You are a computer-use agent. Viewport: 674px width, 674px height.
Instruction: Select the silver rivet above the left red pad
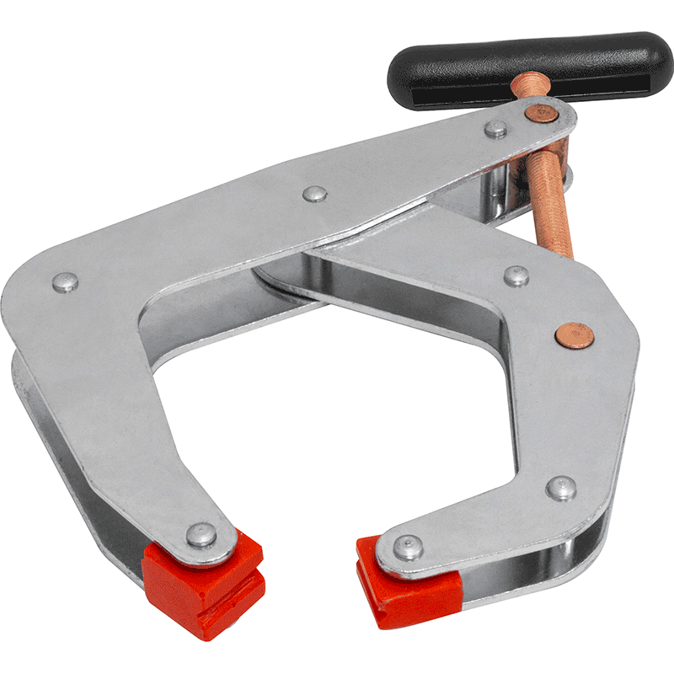[x=200, y=533]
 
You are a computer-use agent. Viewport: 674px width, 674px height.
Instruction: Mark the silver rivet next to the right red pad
[x=407, y=547]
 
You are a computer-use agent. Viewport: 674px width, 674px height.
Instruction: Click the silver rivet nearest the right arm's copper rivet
[x=516, y=275]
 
